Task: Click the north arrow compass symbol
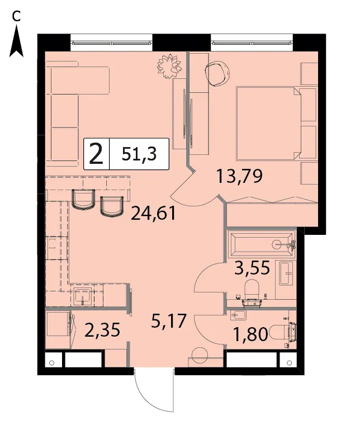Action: [16, 41]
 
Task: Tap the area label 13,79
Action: [239, 176]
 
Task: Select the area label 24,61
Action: [154, 213]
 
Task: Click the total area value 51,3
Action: [139, 154]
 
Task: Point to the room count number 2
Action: [97, 154]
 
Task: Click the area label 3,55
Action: [252, 267]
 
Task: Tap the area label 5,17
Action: [169, 320]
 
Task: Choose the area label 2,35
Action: [102, 330]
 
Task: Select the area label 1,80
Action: [250, 334]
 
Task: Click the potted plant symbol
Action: [169, 66]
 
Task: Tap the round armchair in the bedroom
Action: [217, 73]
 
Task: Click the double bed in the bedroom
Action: [269, 124]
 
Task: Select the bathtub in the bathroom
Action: [262, 244]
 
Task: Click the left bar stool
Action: [83, 200]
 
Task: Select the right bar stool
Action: [112, 206]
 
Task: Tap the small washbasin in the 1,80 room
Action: [238, 315]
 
